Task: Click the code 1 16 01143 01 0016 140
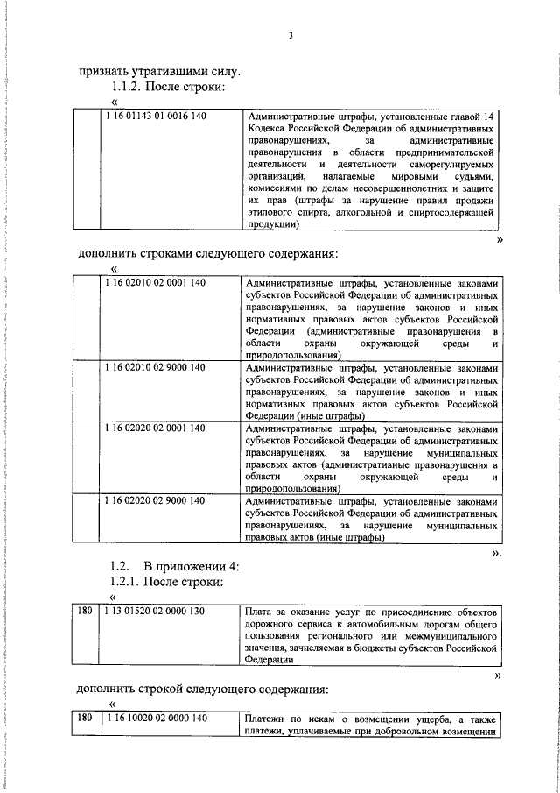point(155,116)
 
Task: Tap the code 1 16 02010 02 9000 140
point(155,367)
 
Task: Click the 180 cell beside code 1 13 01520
point(85,610)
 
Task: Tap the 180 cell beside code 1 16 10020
point(85,719)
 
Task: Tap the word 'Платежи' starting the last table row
point(265,719)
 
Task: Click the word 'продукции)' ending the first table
point(273,224)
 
